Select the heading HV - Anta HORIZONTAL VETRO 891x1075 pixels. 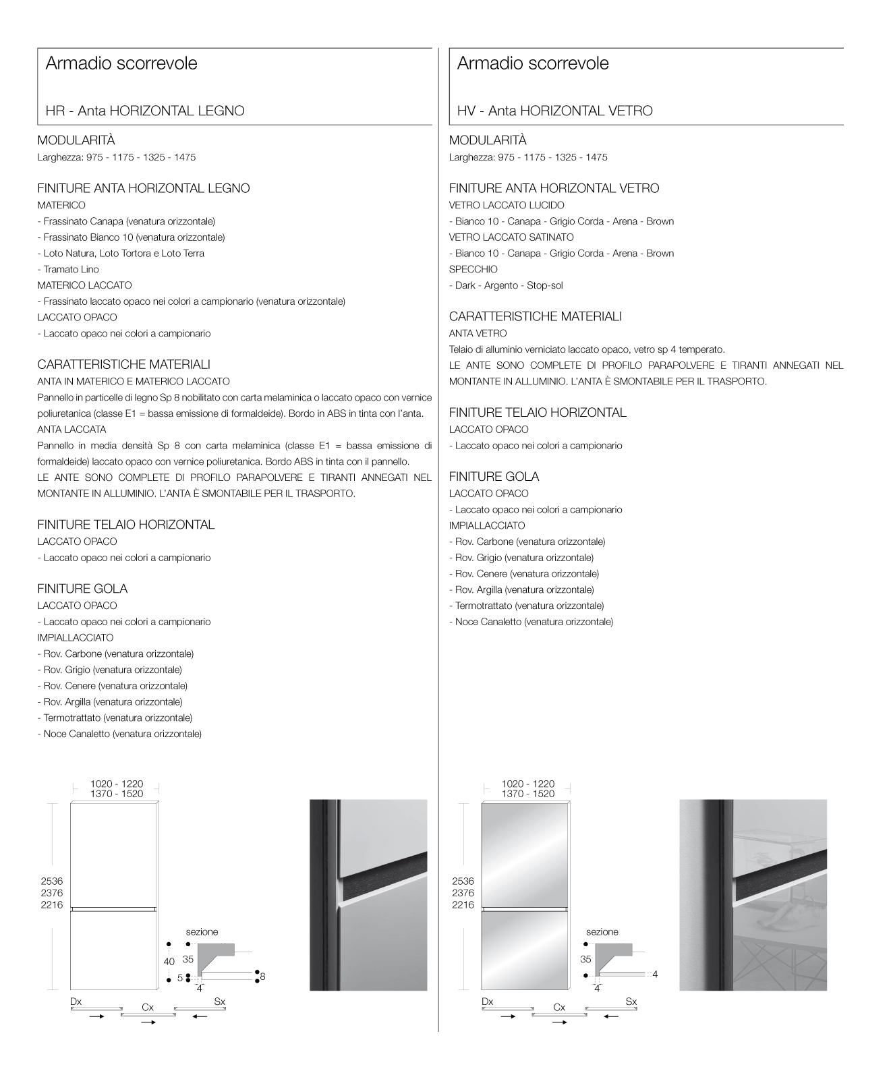[x=554, y=111]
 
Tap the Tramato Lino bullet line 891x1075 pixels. [x=68, y=269]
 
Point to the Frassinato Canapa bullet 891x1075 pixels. [x=126, y=221]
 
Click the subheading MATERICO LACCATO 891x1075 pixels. [x=84, y=285]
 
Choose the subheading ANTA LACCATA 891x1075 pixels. [x=71, y=429]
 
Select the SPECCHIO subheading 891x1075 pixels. [x=473, y=269]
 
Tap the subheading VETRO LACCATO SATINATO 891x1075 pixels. [x=511, y=237]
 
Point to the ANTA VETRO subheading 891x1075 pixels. [x=478, y=333]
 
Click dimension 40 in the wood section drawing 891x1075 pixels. [x=169, y=961]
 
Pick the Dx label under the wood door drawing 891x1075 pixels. [x=76, y=1001]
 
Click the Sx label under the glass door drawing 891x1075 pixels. [x=631, y=1001]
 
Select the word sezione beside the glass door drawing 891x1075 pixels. [x=602, y=931]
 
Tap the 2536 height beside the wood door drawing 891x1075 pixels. [x=52, y=881]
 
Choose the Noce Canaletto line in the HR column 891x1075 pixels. [x=119, y=734]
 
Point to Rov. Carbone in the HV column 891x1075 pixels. [x=527, y=542]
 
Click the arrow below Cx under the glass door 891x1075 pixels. [x=559, y=1022]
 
